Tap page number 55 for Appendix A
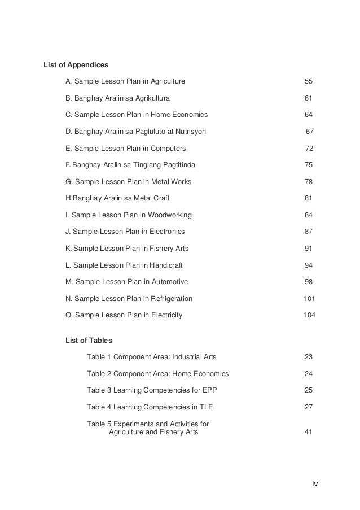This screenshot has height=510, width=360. click(309, 82)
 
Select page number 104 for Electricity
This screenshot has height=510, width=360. click(309, 315)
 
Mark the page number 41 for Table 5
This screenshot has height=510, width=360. click(309, 432)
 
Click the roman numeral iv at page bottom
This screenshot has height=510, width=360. click(315, 484)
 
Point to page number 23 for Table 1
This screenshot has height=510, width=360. click(309, 357)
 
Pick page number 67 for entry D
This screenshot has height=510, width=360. click(309, 132)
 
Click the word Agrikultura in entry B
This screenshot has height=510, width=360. click(148, 98)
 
